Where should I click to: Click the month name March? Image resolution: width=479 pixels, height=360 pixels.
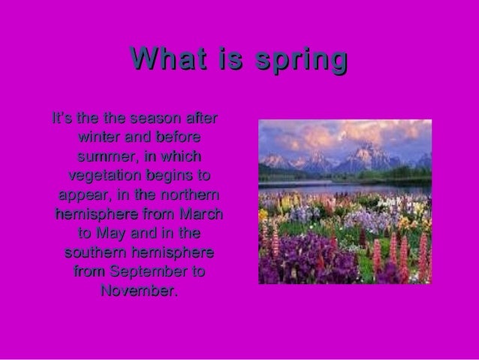pos(202,214)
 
